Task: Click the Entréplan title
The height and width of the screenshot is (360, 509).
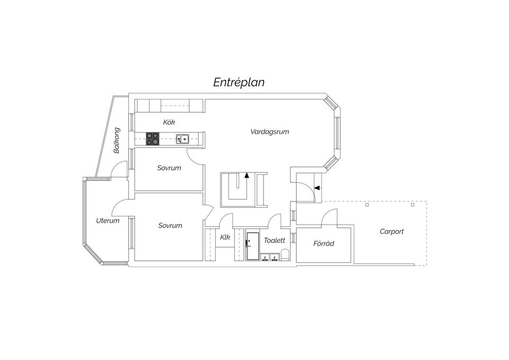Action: pos(239,82)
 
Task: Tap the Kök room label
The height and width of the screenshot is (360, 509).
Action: pos(169,122)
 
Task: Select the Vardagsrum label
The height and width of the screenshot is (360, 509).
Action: pos(269,132)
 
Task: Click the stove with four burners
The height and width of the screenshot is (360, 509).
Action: pos(152,138)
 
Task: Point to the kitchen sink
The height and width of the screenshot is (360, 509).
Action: pos(183,139)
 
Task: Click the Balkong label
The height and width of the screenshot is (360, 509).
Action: pos(117,140)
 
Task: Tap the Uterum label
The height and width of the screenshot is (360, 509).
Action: pos(108,221)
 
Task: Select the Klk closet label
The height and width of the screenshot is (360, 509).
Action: pos(225,238)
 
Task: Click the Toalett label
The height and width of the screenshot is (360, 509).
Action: pos(274,240)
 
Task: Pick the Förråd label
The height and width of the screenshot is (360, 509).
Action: pos(323,243)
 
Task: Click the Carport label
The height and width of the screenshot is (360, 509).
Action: pos(391,232)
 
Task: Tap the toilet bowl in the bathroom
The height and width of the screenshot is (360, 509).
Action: pos(285,254)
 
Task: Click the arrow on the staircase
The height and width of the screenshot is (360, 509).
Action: pos(247,175)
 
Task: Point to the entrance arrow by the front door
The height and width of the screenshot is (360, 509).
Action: pos(317,188)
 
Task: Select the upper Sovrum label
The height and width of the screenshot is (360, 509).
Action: pos(169,168)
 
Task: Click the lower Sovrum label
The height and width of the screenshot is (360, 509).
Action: pos(170,225)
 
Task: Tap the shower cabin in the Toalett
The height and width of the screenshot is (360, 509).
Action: pos(252,245)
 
